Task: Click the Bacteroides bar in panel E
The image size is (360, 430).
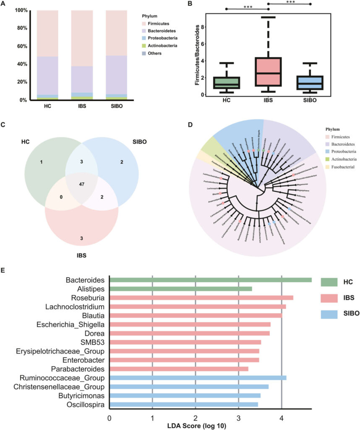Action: click(210, 280)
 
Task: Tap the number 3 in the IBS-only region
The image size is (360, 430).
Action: click(81, 239)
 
